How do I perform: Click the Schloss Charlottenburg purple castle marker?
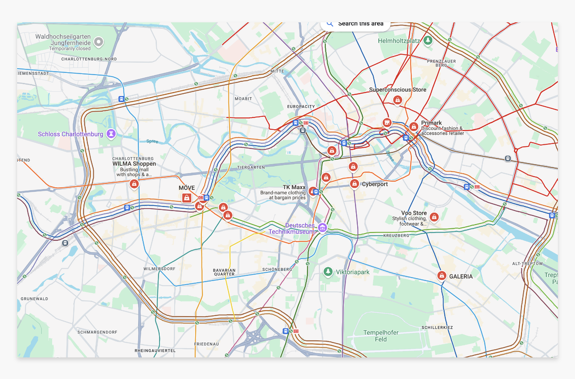[x=111, y=134]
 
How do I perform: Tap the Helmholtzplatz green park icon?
[x=428, y=40]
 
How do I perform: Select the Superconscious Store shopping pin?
[x=397, y=100]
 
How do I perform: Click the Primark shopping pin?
[x=413, y=127]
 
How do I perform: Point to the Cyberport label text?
[x=375, y=184]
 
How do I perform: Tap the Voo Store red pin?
[x=434, y=217]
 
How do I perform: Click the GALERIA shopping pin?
[x=441, y=276]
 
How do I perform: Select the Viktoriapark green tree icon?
[x=328, y=272]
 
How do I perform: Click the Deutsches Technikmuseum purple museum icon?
[x=323, y=227]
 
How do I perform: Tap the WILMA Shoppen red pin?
[x=134, y=184]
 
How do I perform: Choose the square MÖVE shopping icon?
[x=187, y=198]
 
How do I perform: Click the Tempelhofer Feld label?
[x=381, y=336]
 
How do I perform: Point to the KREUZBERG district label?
[x=396, y=236]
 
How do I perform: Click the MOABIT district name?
[x=243, y=99]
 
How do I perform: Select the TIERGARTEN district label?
[x=251, y=168]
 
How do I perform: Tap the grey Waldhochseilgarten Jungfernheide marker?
[x=98, y=42]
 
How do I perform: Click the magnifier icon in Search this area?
[x=330, y=24]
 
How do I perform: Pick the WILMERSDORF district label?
[x=159, y=269]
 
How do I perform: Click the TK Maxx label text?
[x=294, y=187]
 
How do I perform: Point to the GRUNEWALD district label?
[x=34, y=299]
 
